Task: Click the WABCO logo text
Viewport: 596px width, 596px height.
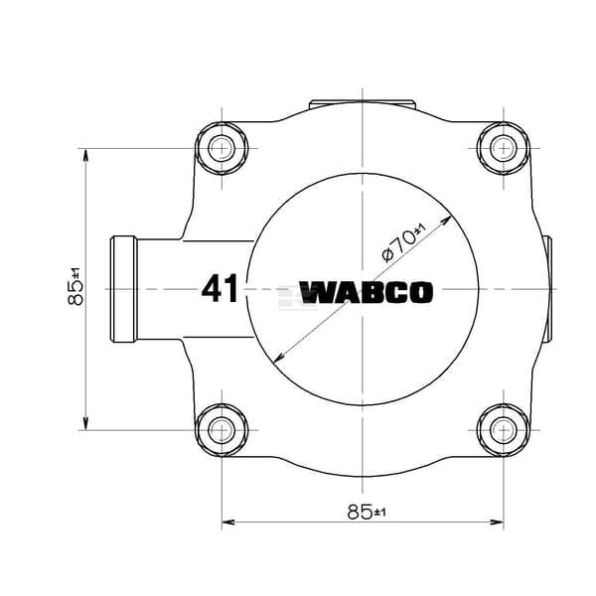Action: point(366,292)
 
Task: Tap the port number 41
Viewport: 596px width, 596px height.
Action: point(220,288)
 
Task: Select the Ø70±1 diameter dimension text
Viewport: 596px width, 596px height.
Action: point(404,243)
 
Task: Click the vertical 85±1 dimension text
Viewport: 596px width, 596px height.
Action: point(75,287)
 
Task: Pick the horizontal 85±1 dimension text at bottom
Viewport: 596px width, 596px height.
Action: point(367,512)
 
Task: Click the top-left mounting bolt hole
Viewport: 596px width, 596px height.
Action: point(222,148)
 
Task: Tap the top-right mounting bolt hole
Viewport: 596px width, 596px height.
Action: point(504,148)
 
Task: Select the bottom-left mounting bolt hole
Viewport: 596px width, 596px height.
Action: point(222,430)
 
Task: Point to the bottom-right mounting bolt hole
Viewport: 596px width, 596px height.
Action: point(504,430)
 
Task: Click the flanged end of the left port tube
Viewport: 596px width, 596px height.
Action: point(123,289)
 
